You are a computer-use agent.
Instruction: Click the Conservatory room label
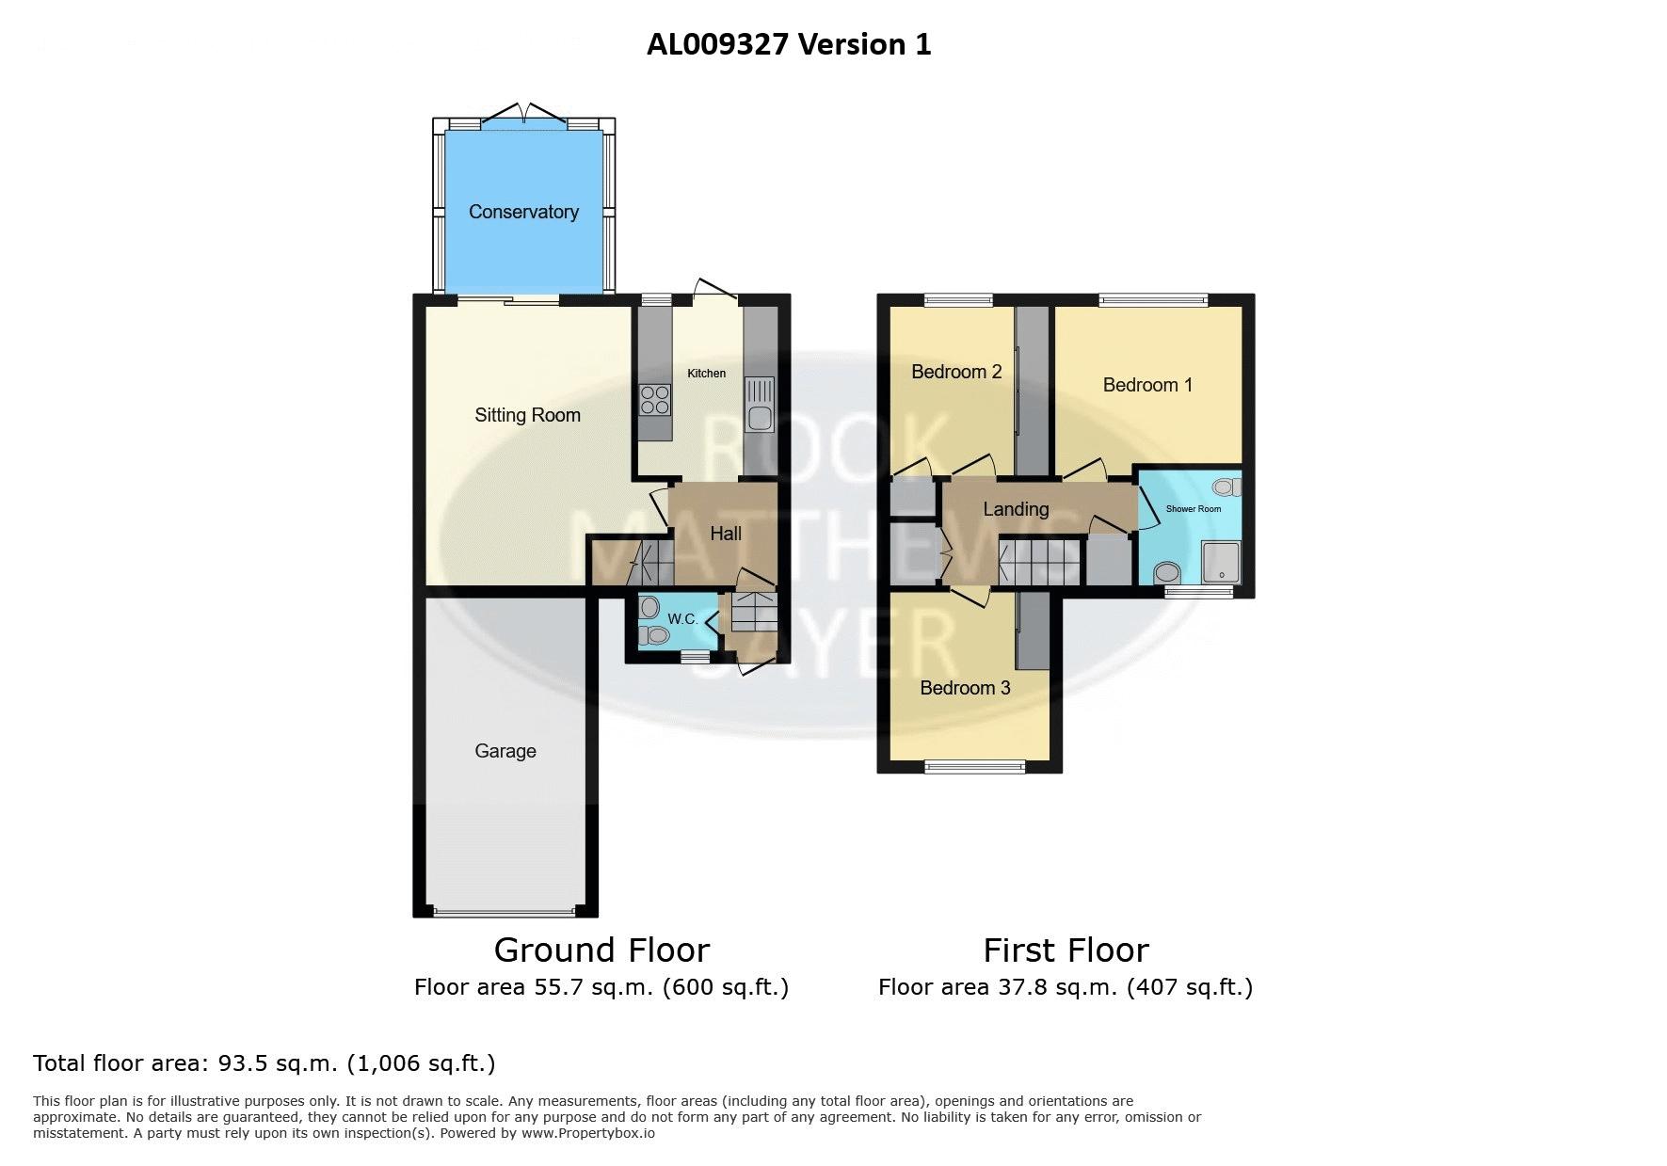pos(523,212)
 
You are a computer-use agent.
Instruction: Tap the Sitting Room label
pos(527,415)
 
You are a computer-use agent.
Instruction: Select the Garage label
pos(505,751)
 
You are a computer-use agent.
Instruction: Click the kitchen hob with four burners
pos(655,400)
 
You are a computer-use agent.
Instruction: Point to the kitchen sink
pos(759,405)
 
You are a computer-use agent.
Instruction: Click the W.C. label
pos(682,619)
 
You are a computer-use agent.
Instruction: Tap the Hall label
pos(726,534)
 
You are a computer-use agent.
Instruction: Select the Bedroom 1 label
pos(1147,385)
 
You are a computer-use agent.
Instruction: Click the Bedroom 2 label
pos(956,372)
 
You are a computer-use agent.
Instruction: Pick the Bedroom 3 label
pos(965,688)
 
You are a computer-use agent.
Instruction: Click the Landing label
pos(1016,509)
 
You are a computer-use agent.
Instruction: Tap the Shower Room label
pos(1194,509)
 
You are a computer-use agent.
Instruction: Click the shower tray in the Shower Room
pos(1223,562)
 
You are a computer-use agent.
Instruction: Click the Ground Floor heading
pos(601,950)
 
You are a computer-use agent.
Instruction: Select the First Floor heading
pos(1066,950)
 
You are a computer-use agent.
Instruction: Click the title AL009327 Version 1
pos(789,44)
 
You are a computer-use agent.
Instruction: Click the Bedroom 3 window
pos(974,767)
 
